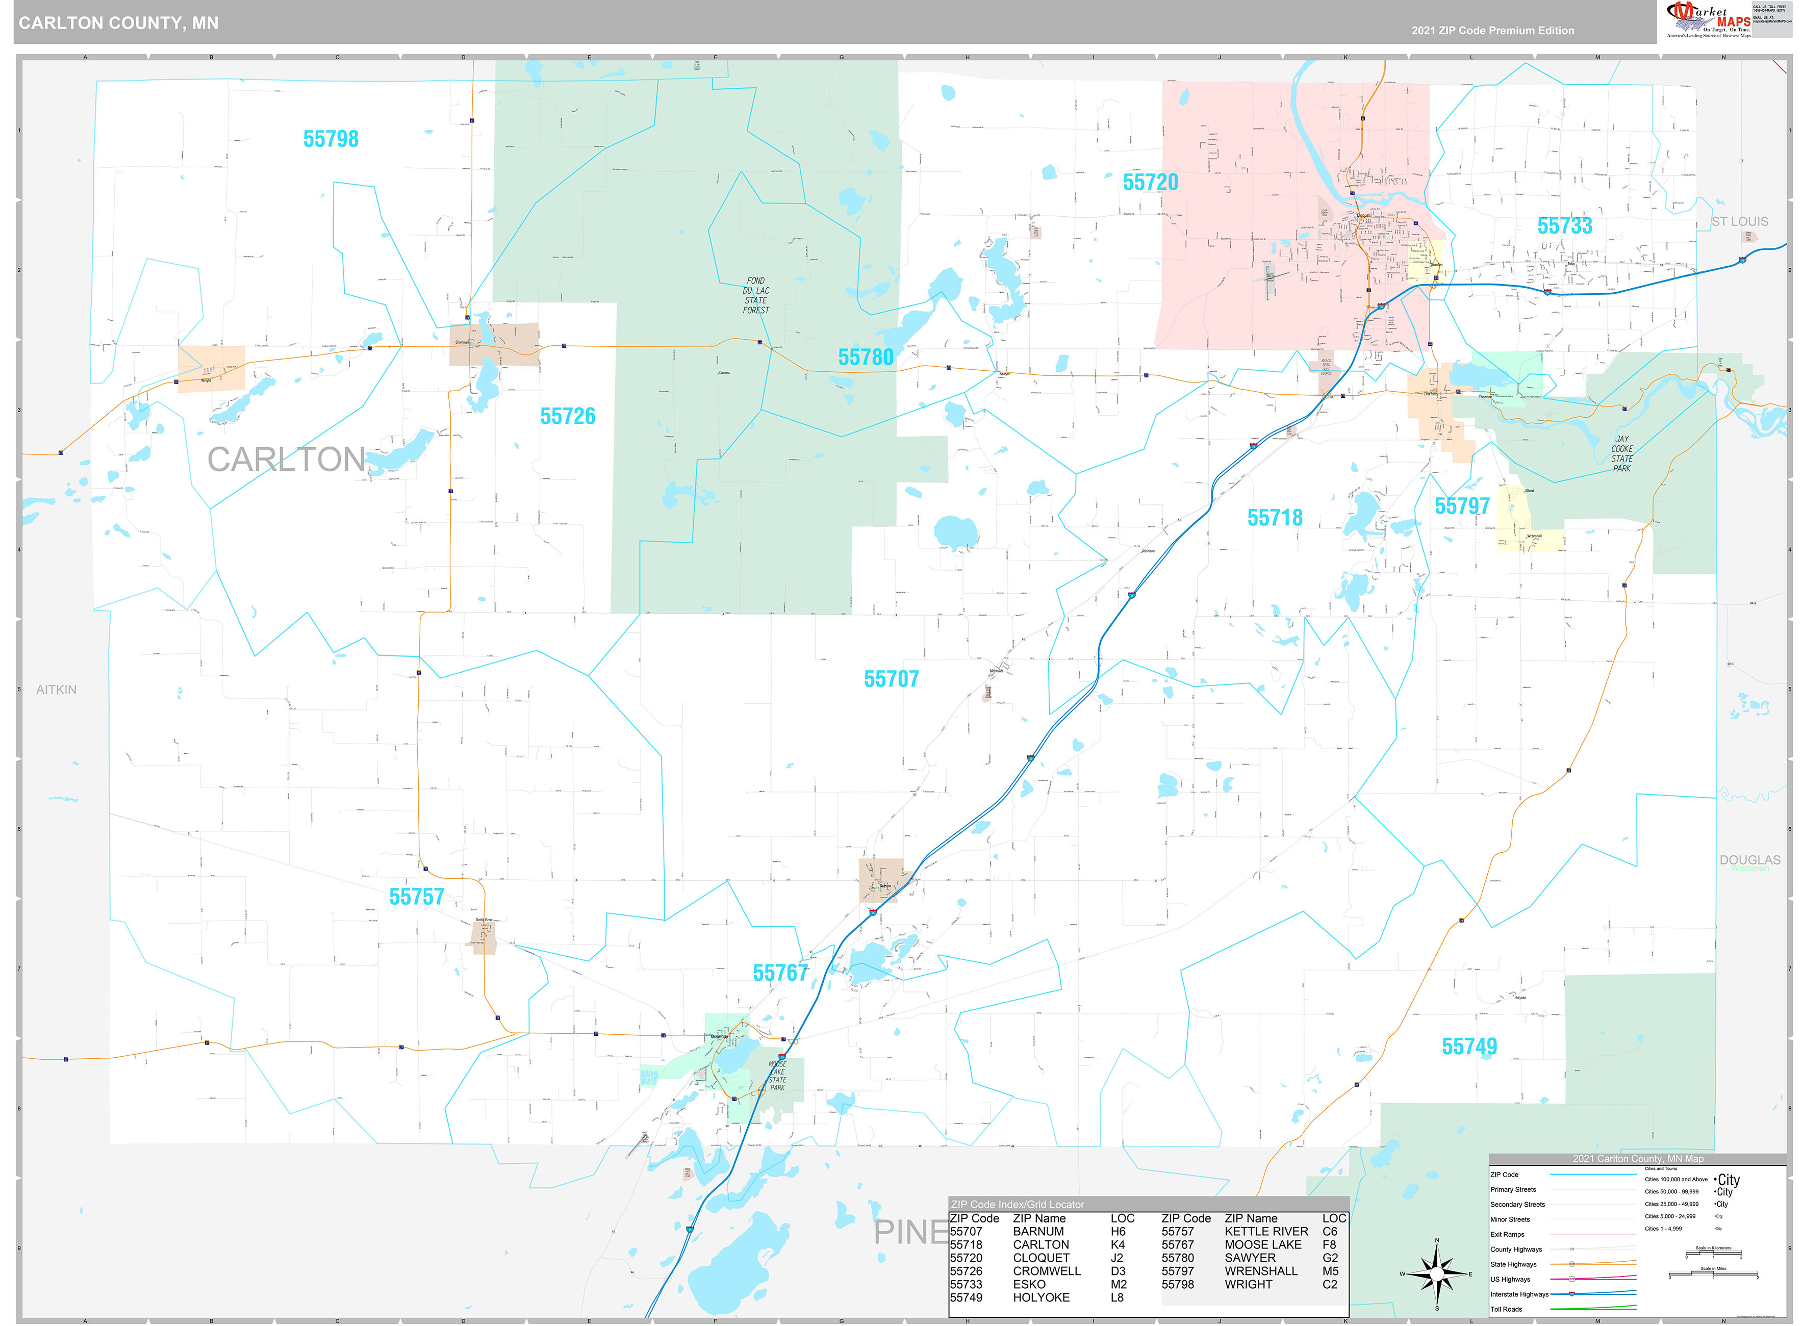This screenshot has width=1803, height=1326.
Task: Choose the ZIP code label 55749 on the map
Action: (1469, 1047)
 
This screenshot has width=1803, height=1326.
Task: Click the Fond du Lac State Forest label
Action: (755, 295)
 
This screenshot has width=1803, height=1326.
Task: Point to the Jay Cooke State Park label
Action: (1621, 453)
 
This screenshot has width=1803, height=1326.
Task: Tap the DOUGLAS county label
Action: (1749, 860)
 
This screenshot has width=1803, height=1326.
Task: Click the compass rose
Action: (1436, 1274)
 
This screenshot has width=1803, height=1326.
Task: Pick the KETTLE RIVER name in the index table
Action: (1266, 1231)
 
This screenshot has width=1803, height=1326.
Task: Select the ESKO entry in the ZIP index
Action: (1029, 1284)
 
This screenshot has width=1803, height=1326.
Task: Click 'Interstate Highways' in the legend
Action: (1519, 1294)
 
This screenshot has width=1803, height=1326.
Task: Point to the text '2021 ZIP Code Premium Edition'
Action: (1492, 31)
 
